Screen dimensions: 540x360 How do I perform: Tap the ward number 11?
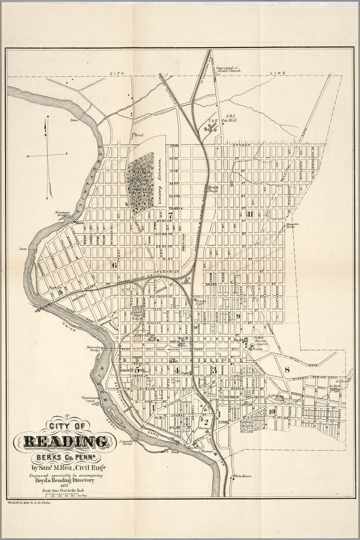tap(249, 214)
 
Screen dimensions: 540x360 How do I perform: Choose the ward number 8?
tap(287, 370)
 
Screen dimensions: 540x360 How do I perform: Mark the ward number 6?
tap(114, 265)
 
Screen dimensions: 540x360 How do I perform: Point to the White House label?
tap(243, 476)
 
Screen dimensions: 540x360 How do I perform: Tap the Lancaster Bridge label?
tap(125, 442)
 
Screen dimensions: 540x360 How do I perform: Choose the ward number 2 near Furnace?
tap(206, 421)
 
